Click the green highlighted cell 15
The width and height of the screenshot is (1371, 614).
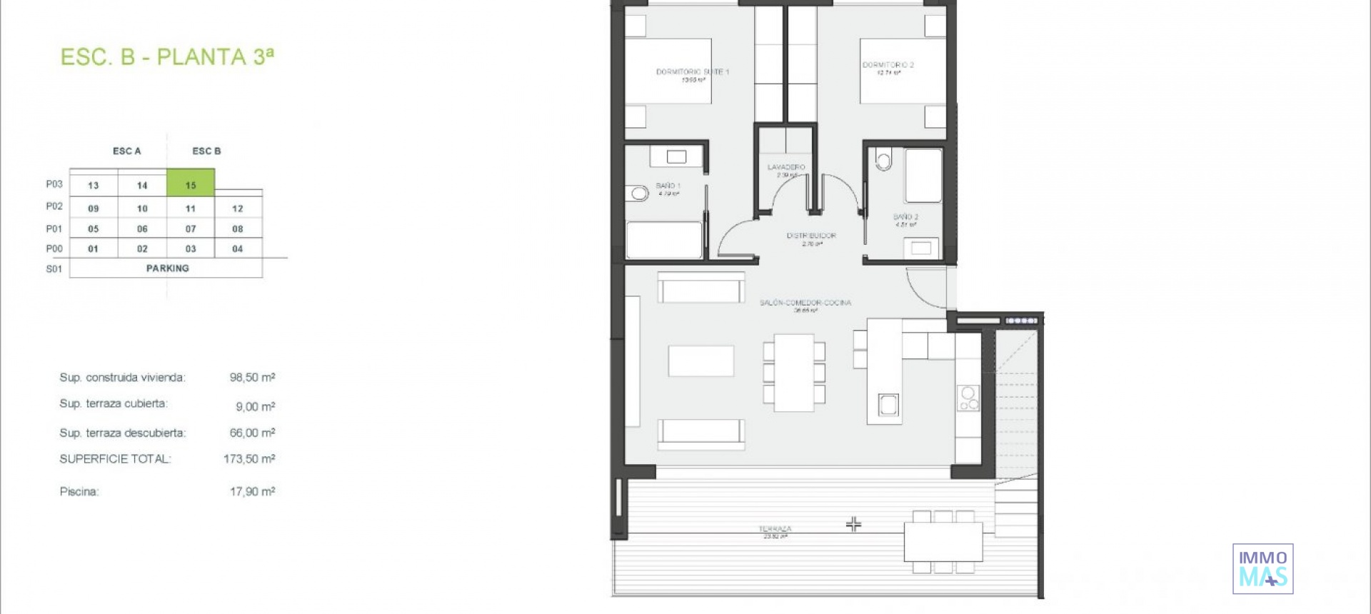tap(191, 183)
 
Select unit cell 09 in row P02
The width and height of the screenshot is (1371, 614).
tap(94, 208)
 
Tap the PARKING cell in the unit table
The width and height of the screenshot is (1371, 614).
tap(167, 268)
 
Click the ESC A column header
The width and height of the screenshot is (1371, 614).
tap(127, 151)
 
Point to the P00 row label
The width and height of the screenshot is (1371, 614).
tap(54, 248)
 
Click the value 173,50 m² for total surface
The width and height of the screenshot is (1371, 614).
tap(249, 459)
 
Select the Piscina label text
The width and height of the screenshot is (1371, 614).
tap(79, 492)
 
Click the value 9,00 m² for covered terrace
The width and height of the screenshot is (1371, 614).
tap(255, 406)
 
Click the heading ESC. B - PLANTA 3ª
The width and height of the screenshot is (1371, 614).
tap(167, 57)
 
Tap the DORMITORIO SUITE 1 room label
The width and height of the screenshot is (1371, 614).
tap(692, 72)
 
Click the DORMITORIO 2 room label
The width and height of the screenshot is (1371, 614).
tap(888, 65)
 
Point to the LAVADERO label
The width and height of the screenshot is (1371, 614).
tap(786, 167)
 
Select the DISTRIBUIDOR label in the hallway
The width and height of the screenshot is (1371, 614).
tap(811, 236)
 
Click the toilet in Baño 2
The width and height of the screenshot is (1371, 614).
tap(884, 160)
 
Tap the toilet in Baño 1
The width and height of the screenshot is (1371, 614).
tap(638, 193)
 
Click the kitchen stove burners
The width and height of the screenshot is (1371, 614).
tap(968, 398)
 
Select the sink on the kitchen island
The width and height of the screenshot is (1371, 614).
tap(888, 405)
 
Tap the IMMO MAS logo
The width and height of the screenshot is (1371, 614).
tap(1262, 569)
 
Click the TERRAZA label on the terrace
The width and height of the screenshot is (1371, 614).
tap(775, 529)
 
